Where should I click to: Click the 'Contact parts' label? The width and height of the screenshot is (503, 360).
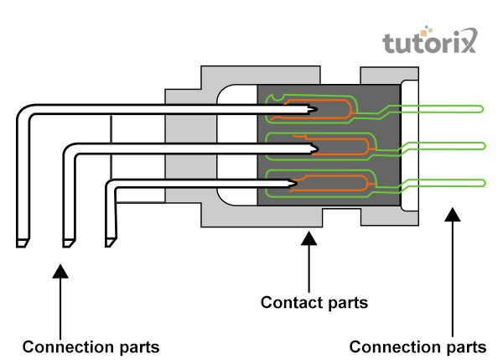coord(314,302)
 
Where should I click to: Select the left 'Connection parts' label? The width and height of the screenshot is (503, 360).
coord(91,346)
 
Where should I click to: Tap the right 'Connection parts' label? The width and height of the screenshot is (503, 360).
coord(417,346)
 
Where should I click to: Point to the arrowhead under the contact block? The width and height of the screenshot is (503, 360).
coord(309,240)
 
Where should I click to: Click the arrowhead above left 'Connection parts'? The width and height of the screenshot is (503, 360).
coord(60,270)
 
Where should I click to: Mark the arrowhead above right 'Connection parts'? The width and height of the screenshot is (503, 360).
coord(452,216)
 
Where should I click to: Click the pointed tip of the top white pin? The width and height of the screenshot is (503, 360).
coord(317,109)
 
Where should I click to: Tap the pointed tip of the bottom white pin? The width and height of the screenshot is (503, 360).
coord(294,182)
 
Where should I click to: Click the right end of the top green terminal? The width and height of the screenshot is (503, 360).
coord(483,107)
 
